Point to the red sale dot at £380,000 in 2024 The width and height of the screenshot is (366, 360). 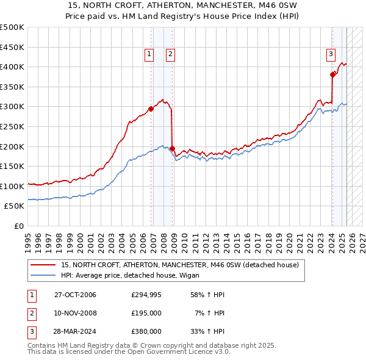click(x=332, y=74)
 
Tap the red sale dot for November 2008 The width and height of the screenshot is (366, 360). click(x=173, y=148)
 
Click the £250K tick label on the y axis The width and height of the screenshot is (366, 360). click(x=13, y=126)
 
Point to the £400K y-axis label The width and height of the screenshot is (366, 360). click(x=13, y=67)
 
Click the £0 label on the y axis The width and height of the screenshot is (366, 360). click(x=19, y=226)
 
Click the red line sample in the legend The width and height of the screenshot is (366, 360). click(x=42, y=265)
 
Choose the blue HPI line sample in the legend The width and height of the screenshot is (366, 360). click(x=42, y=275)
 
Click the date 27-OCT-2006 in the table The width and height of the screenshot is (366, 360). click(x=75, y=295)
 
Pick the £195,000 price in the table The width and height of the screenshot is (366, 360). click(x=146, y=313)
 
